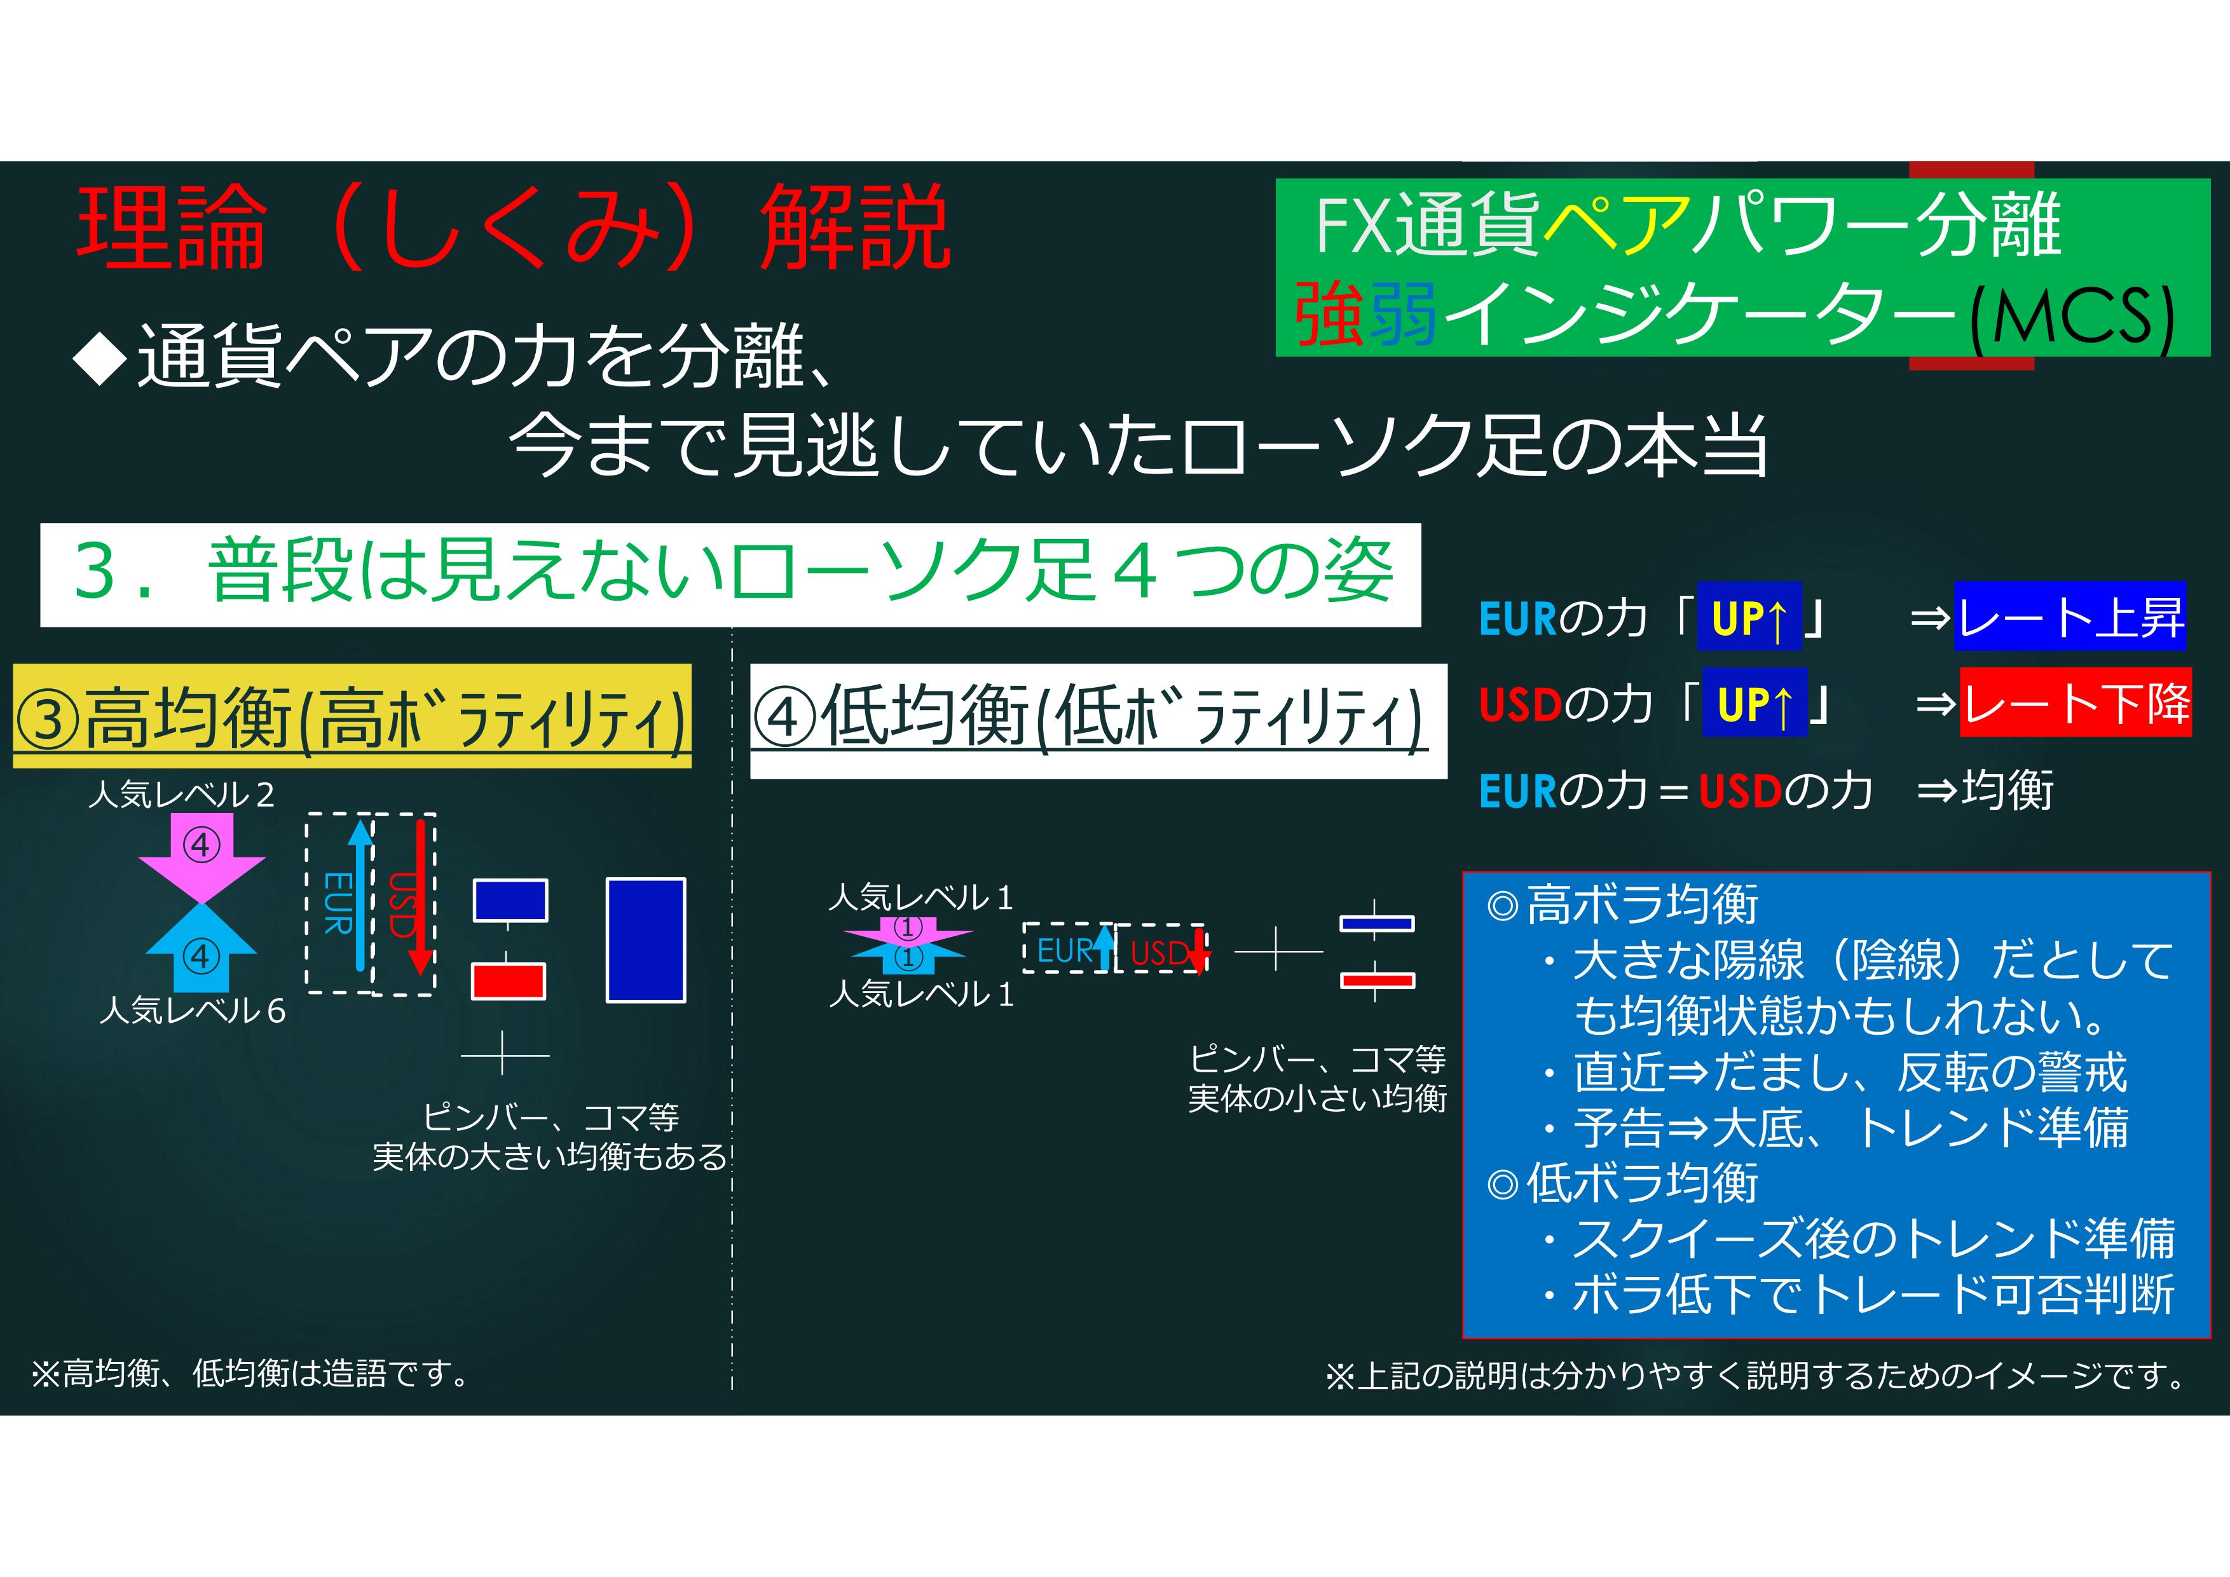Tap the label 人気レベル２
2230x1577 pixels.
[182, 795]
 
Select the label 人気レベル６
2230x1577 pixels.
[193, 1011]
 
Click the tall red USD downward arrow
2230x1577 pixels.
[420, 896]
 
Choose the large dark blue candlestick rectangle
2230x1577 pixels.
[646, 940]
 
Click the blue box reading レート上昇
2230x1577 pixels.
[2070, 616]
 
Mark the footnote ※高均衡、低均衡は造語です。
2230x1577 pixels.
[250, 1373]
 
